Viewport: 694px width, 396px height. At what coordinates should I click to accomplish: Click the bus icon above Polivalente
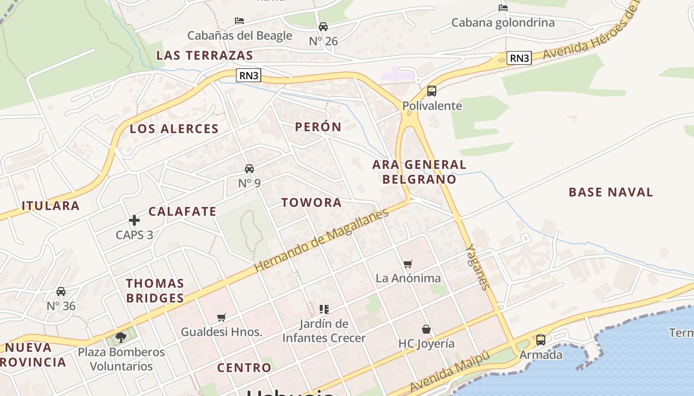431,91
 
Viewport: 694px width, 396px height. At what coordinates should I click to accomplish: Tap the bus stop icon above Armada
540,340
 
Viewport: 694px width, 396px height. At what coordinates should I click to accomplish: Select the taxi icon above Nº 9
249,169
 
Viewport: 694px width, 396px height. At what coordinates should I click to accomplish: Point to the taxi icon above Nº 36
61,292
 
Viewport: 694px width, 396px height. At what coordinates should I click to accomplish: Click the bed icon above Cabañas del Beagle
239,21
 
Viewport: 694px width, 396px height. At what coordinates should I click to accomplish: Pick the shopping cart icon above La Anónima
407,264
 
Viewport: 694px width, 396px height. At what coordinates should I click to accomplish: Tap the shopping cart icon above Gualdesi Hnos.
221,317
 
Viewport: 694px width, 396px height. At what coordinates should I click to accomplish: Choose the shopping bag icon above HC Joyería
426,329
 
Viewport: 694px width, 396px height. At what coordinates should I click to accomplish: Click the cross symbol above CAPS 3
134,220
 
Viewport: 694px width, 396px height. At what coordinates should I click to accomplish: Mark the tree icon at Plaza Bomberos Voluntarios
120,338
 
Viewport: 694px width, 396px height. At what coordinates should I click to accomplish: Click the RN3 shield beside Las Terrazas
248,75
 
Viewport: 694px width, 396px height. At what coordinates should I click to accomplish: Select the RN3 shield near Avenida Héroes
519,58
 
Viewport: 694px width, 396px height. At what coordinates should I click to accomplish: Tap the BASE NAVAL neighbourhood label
611,192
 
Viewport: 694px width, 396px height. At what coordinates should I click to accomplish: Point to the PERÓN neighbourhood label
318,127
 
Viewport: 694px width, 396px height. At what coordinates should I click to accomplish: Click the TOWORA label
311,202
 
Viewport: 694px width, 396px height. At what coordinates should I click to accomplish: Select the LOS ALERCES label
174,129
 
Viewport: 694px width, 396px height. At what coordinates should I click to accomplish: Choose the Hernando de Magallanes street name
321,241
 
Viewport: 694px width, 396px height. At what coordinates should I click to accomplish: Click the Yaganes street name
478,267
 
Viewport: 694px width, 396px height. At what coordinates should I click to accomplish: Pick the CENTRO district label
244,367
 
